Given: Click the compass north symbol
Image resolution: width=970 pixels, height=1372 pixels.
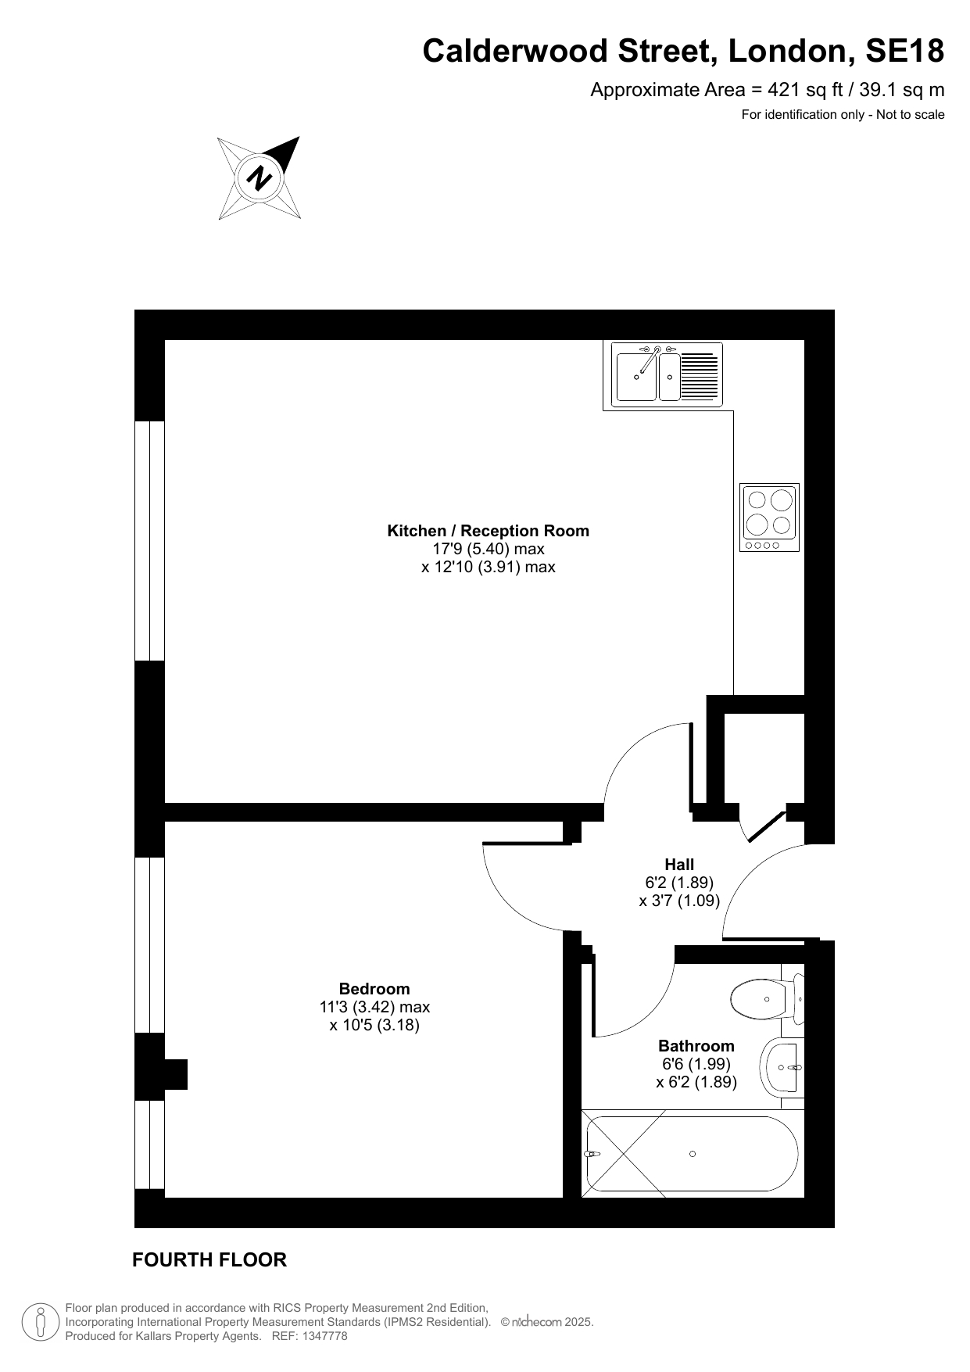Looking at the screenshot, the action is click(x=259, y=178).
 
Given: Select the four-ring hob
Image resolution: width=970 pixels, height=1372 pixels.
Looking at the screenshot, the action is click(x=770, y=517).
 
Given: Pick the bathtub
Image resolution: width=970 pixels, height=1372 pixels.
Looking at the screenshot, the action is click(x=693, y=1154).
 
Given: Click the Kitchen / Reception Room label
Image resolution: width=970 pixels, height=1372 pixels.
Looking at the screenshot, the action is click(x=489, y=531).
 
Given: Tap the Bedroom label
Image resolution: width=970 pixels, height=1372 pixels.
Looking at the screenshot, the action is click(x=374, y=989).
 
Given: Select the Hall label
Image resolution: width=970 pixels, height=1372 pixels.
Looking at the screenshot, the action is click(x=679, y=865).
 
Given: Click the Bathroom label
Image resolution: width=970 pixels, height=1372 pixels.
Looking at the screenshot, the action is click(x=696, y=1046).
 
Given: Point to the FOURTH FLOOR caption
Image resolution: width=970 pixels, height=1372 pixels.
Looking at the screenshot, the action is click(x=209, y=1259).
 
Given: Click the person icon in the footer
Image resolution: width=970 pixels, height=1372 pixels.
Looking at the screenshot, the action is click(x=41, y=1321).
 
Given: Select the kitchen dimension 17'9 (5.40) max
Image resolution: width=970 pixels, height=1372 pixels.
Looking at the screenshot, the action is click(x=489, y=549).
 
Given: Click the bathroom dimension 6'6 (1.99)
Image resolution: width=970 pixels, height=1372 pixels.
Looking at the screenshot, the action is click(x=696, y=1064).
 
